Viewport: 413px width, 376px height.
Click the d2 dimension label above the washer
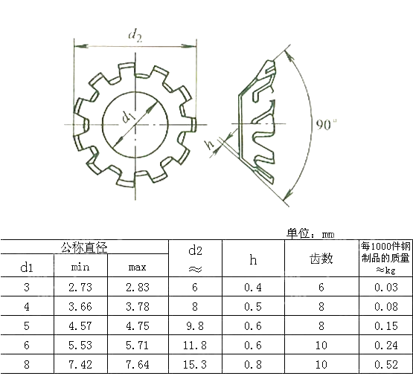coord(135,34)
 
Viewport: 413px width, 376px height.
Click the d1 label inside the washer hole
coord(128,116)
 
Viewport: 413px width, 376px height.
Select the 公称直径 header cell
coord(84,247)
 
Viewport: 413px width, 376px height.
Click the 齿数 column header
coord(321,259)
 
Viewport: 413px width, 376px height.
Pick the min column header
coord(80,267)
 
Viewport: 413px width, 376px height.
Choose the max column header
coord(138,267)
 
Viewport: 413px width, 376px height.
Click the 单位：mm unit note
coord(310,233)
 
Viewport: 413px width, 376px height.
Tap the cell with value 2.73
coord(80,287)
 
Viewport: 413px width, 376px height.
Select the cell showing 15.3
coord(196,364)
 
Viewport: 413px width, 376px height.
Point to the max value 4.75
coord(138,325)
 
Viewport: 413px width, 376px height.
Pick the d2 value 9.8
coord(196,325)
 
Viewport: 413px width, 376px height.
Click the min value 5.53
coord(80,345)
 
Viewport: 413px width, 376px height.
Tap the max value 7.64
coord(138,364)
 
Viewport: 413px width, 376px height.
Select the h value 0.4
coord(253,287)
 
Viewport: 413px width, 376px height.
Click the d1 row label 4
coord(27,306)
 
